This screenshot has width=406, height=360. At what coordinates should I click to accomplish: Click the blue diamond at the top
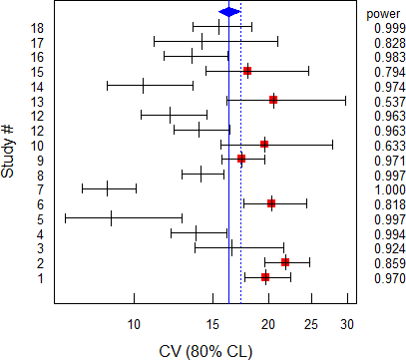tap(229, 12)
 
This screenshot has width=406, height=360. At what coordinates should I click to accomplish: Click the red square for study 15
tap(247, 71)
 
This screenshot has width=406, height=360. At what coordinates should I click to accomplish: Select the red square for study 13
tap(273, 100)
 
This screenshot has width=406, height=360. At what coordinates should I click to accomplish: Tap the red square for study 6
tap(271, 203)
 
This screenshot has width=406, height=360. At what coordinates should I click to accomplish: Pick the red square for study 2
tap(285, 262)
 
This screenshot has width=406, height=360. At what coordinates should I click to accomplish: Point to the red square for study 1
tap(265, 277)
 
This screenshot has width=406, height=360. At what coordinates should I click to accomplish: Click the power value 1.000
tap(383, 189)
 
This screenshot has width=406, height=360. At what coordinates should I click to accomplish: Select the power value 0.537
tap(383, 101)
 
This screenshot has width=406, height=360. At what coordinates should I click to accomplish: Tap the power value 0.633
tap(383, 145)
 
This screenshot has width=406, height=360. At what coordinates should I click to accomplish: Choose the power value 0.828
tap(383, 42)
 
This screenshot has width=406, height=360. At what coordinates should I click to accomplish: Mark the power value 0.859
tap(383, 263)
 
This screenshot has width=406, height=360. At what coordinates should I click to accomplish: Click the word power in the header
tap(383, 13)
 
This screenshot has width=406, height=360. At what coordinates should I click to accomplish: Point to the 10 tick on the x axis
tap(134, 323)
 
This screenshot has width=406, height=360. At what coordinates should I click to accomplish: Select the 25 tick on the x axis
tap(311, 323)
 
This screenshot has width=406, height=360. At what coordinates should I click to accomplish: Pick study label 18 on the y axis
tap(37, 27)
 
